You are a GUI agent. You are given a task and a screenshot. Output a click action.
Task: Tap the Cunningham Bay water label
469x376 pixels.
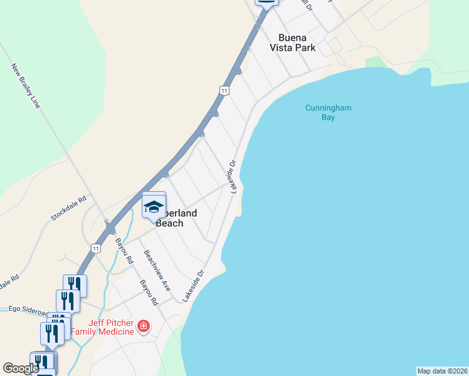click(328, 112)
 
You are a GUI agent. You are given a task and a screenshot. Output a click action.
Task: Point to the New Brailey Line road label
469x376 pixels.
click(26, 85)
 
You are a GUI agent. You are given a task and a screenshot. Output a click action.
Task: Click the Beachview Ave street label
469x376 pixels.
click(157, 271)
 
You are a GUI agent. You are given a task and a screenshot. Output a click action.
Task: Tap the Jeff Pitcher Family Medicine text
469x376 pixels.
click(102, 327)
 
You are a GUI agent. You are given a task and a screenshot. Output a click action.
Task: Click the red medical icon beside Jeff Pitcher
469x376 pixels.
click(144, 326)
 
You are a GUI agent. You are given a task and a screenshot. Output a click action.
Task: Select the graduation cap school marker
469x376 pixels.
click(154, 206)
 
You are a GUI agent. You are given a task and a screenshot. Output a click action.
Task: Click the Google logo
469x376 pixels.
click(21, 368)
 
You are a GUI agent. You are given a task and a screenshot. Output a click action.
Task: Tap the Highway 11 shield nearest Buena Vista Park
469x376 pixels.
click(224, 91)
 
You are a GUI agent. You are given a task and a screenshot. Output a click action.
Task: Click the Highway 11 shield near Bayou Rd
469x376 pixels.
click(95, 248)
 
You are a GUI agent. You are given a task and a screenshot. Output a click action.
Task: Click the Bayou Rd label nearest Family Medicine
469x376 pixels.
click(149, 293)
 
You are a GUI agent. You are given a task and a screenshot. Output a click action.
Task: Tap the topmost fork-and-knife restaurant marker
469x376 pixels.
click(75, 286)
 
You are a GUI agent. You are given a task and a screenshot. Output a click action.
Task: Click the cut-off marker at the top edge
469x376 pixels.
click(266, 3)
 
